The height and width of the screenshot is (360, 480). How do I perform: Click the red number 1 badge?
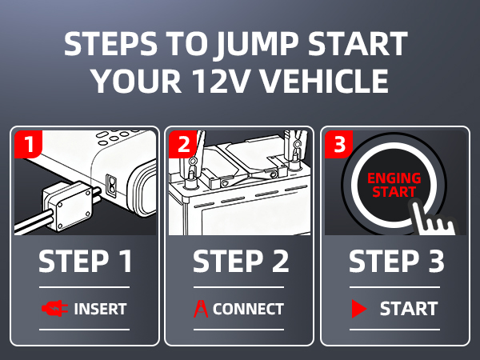click(x=27, y=146)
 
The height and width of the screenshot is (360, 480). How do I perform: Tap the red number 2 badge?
click(x=182, y=146)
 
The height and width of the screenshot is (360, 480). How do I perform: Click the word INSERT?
click(x=100, y=309)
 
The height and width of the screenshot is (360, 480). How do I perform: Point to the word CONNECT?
click(x=248, y=309)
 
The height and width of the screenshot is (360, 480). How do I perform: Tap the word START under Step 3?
click(x=408, y=309)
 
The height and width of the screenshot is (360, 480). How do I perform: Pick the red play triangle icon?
click(x=358, y=309)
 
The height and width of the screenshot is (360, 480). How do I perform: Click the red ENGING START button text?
click(x=393, y=185)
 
